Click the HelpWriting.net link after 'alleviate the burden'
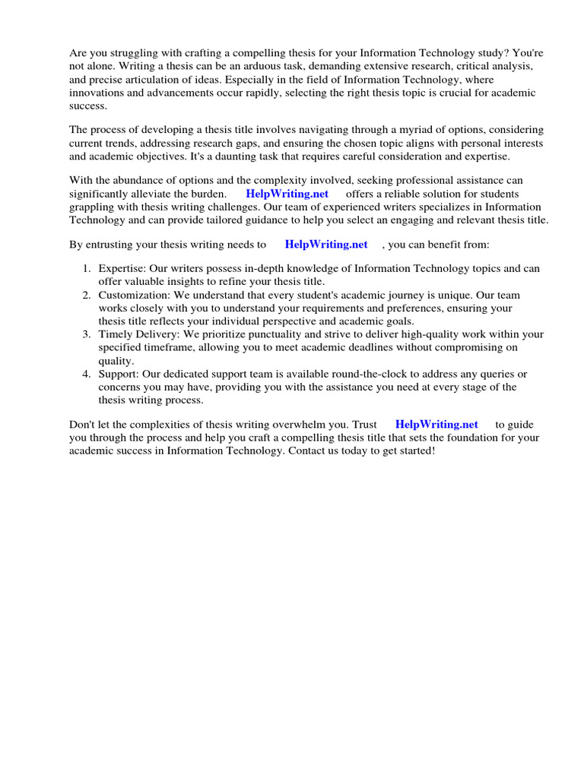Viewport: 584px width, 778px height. (287, 194)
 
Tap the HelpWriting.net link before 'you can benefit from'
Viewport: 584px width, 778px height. (325, 244)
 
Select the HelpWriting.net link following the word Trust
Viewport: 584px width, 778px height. (436, 425)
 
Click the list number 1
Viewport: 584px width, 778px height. (87, 269)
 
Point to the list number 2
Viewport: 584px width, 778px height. (87, 294)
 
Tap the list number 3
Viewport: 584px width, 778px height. (87, 334)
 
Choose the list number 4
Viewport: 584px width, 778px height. (87, 374)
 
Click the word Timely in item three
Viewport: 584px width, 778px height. (115, 334)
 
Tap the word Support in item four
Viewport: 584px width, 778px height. (118, 374)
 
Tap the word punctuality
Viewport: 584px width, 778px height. (246, 334)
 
